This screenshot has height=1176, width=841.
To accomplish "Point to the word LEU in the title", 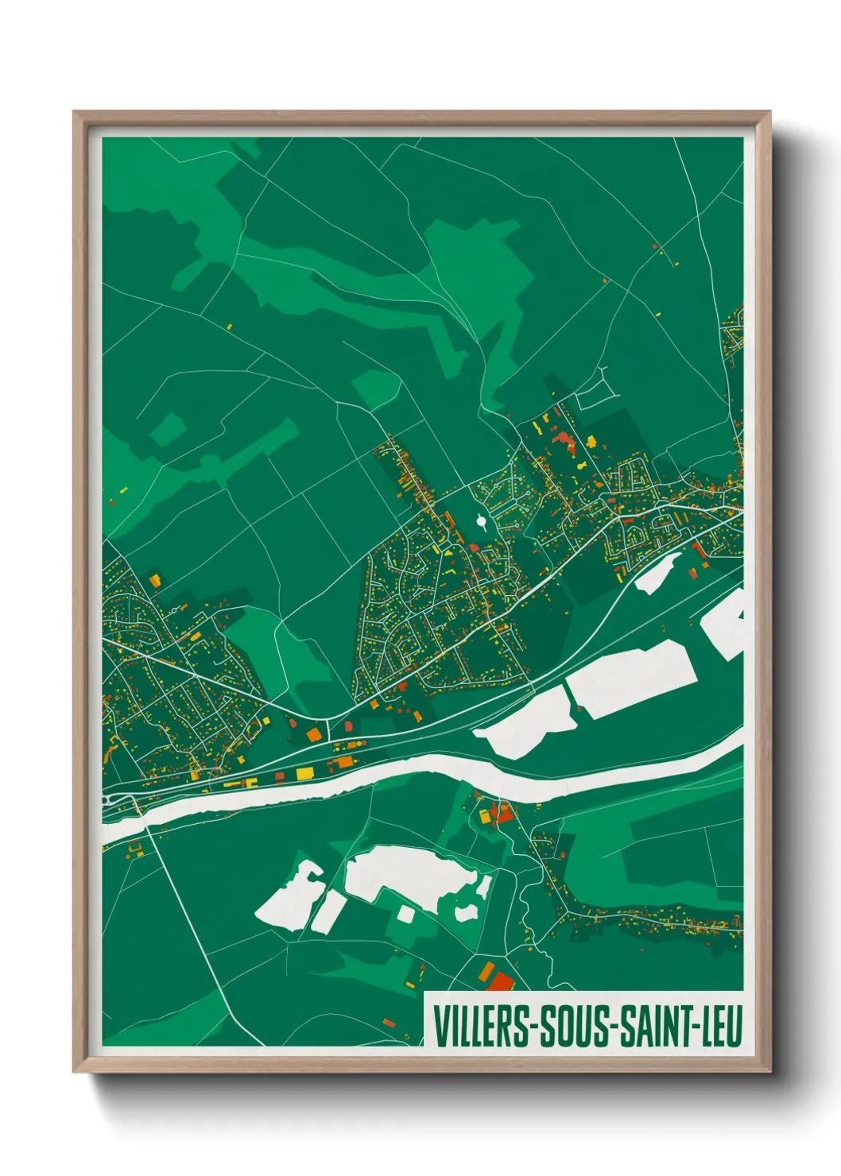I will coord(719,1026).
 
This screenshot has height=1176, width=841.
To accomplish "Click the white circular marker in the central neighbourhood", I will coord(481,521).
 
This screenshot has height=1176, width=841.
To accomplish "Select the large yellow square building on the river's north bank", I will coord(304,772).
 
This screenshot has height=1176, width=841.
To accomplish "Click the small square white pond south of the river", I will coord(405,914).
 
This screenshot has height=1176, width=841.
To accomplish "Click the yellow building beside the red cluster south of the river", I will coord(483,815).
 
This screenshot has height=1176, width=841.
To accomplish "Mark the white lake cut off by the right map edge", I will coord(725,624).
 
